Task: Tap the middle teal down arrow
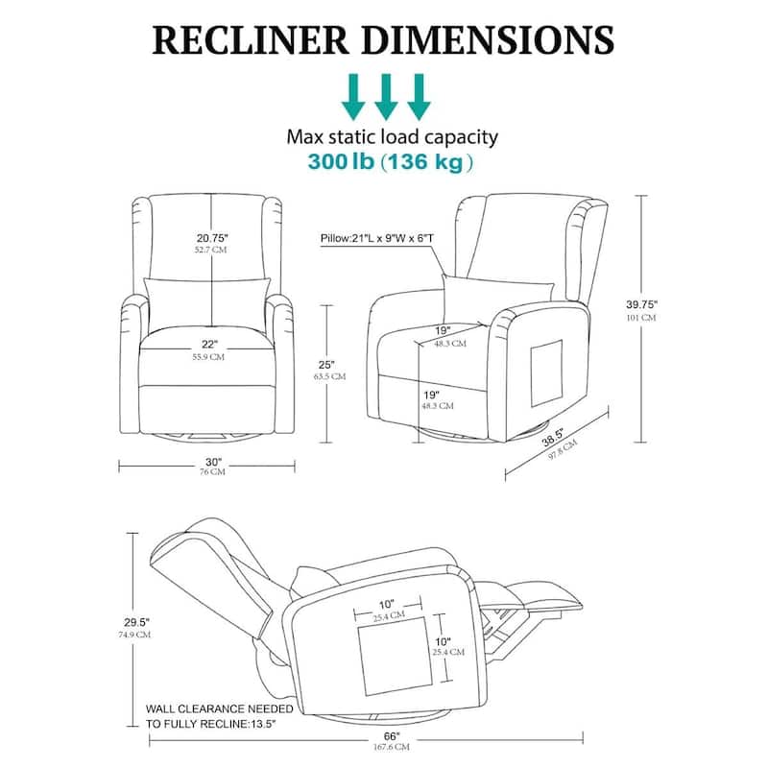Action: click(386, 96)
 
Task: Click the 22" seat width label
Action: click(210, 344)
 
